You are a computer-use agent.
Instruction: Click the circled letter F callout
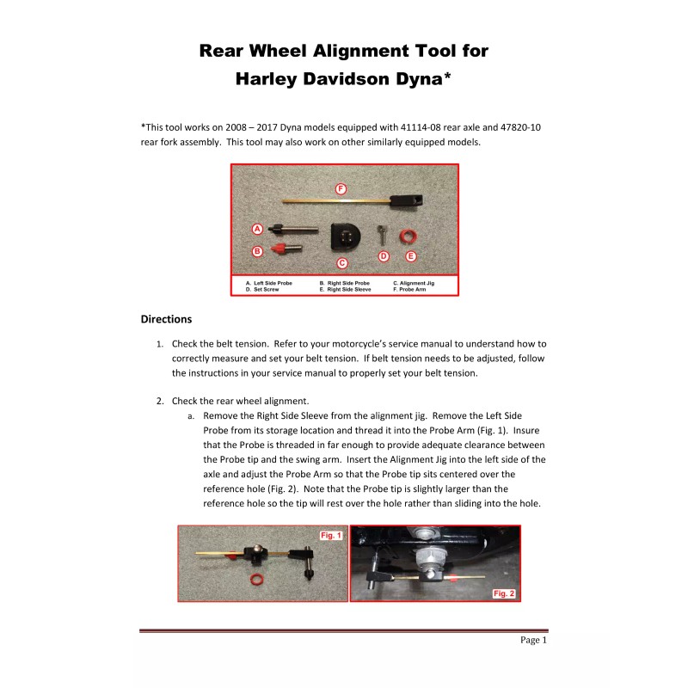point(341,188)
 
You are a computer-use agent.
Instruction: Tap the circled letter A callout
point(256,229)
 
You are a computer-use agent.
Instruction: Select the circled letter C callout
point(341,262)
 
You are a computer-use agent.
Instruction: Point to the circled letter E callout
point(410,256)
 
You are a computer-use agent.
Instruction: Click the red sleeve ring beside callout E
point(410,236)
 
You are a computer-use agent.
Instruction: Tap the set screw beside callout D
point(384,235)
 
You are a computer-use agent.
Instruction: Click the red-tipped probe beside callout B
point(280,249)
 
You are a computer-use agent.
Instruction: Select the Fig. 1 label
point(331,535)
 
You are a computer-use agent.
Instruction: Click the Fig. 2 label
point(503,593)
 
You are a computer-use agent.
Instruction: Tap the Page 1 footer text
point(533,641)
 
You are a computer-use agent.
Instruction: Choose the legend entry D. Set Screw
point(261,291)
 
